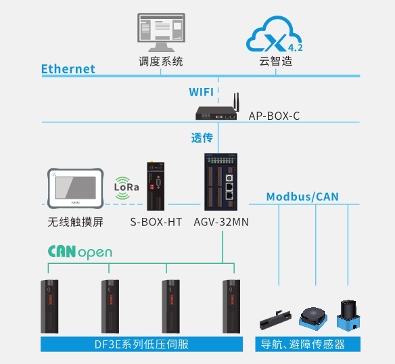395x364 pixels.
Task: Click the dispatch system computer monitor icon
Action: [161, 32]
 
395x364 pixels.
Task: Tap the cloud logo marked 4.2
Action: [275, 35]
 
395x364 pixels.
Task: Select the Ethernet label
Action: [68, 69]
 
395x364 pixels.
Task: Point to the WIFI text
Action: [201, 92]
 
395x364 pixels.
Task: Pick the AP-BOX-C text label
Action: [274, 116]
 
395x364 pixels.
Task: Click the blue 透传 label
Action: [202, 138]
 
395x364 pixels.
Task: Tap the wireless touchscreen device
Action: [75, 189]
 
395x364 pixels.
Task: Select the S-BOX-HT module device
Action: [156, 186]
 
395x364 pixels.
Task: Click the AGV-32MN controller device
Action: [221, 182]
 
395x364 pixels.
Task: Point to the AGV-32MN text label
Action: [221, 222]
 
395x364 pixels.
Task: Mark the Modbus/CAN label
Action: [302, 197]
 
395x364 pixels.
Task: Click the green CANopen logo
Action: [80, 252]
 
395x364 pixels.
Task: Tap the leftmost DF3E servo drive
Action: [49, 306]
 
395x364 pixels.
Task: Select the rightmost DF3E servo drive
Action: [231, 306]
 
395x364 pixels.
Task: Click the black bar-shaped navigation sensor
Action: [275, 321]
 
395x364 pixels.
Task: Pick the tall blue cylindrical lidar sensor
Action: [348, 315]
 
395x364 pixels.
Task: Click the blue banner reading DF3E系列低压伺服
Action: [141, 344]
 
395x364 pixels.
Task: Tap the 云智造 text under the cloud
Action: [276, 62]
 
